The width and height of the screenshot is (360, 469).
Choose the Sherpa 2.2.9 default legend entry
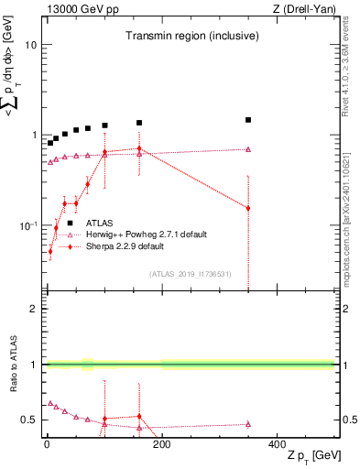click(124, 246)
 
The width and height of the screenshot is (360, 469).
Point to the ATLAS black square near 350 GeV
click(248, 120)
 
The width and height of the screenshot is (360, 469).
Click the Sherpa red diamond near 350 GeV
click(248, 208)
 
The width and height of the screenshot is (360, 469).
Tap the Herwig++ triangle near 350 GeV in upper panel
click(248, 149)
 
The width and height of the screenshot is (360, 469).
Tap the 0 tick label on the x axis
click(47, 445)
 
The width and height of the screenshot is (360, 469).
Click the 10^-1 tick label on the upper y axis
click(27, 225)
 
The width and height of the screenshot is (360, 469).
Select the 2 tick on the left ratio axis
click(35, 309)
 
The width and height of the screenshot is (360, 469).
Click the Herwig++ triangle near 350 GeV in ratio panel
click(248, 424)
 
